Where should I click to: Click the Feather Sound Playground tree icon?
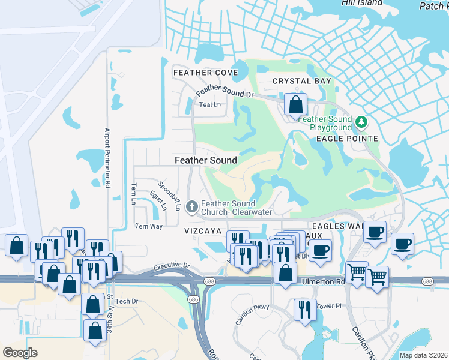tap(361, 122)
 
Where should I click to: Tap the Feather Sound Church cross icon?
tap(191, 208)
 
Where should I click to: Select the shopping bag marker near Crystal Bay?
tap(295, 105)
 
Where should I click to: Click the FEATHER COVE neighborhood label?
tap(205, 73)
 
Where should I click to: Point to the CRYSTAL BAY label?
tap(302, 81)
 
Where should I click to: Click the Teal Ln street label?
tap(210, 104)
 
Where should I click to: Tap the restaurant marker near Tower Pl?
tap(304, 310)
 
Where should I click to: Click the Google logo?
tap(20, 352)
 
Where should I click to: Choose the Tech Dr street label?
tap(127, 301)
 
